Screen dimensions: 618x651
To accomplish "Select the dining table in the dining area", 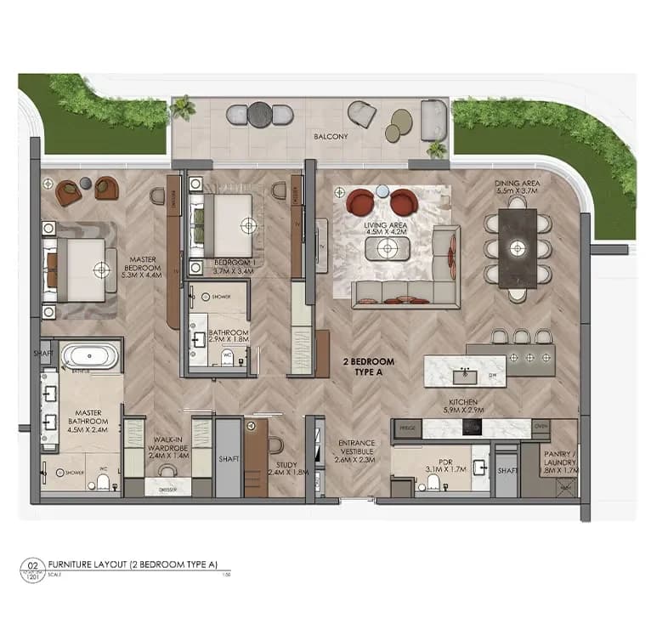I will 518,249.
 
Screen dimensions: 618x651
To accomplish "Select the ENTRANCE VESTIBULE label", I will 357,447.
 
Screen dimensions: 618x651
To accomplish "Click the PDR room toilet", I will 433,482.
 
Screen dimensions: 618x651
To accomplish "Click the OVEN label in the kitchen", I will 541,428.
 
